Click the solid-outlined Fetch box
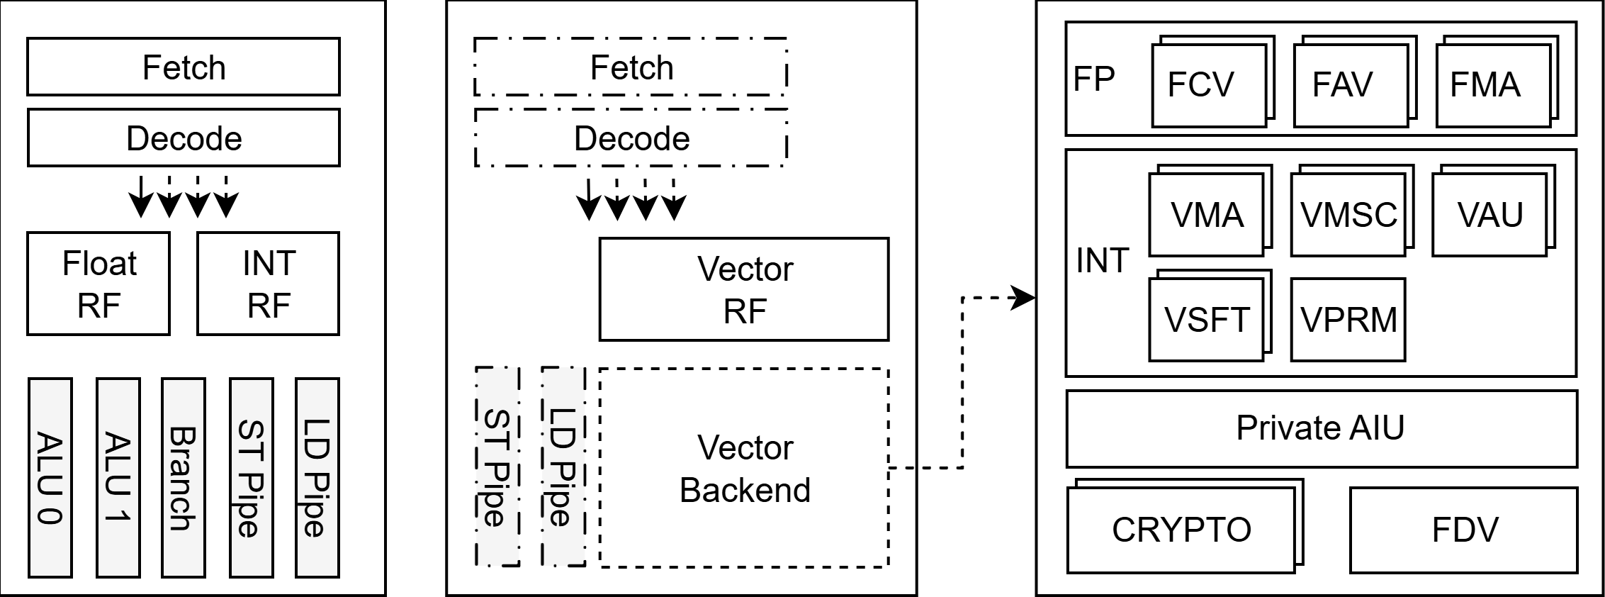click(x=184, y=67)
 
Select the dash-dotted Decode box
click(x=631, y=138)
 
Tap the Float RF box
click(x=98, y=284)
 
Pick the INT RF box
click(x=269, y=284)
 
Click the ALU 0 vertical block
click(x=50, y=477)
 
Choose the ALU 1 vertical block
click(x=118, y=477)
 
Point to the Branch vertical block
click(x=184, y=477)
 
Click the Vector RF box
click(x=744, y=289)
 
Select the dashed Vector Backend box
click(x=744, y=468)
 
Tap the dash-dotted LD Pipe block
click(x=563, y=467)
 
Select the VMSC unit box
click(x=1348, y=216)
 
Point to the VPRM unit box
click(x=1348, y=320)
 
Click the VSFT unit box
click(x=1206, y=320)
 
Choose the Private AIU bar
click(x=1322, y=428)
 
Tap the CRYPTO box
click(x=1181, y=530)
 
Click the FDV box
click(x=1464, y=530)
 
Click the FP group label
click(x=1094, y=79)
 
